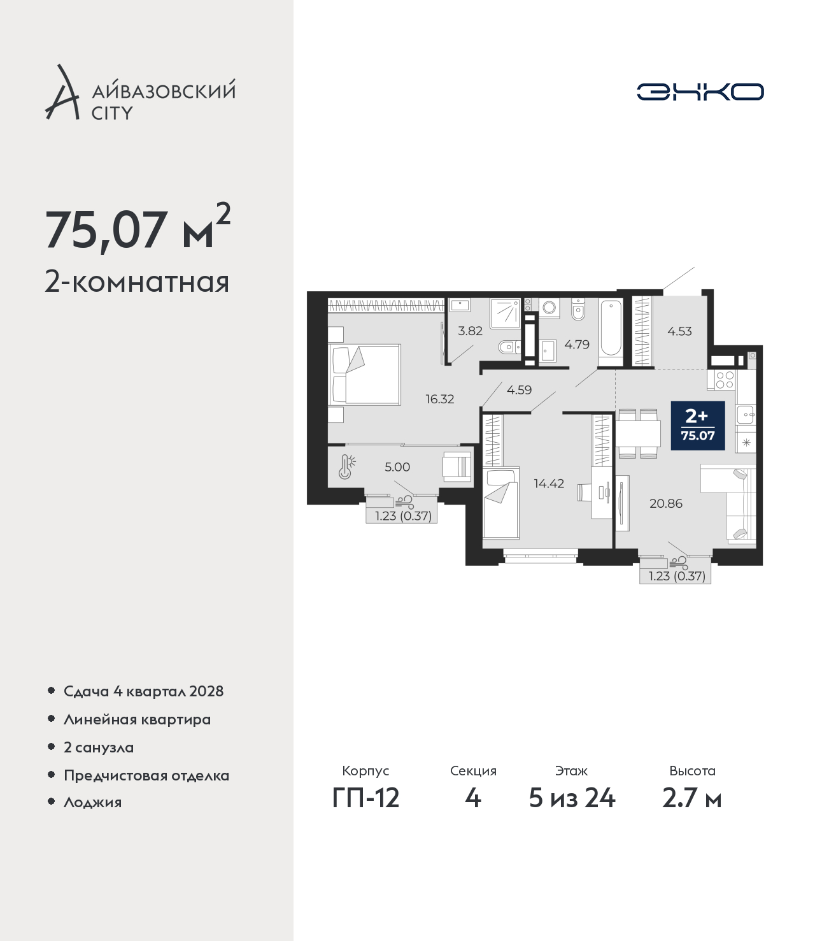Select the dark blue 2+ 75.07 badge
[x=698, y=425]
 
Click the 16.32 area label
[x=439, y=399]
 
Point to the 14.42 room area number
[x=549, y=484]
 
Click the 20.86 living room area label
[x=666, y=503]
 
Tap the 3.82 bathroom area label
[x=470, y=331]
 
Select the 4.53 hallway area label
[x=679, y=331]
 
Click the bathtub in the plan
[x=610, y=332]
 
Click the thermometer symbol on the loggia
[x=347, y=466]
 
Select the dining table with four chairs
[x=638, y=434]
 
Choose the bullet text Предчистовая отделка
[x=146, y=775]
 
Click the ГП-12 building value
[x=366, y=798]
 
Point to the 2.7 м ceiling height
[x=691, y=798]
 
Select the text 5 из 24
[x=572, y=798]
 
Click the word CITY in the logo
[x=112, y=113]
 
